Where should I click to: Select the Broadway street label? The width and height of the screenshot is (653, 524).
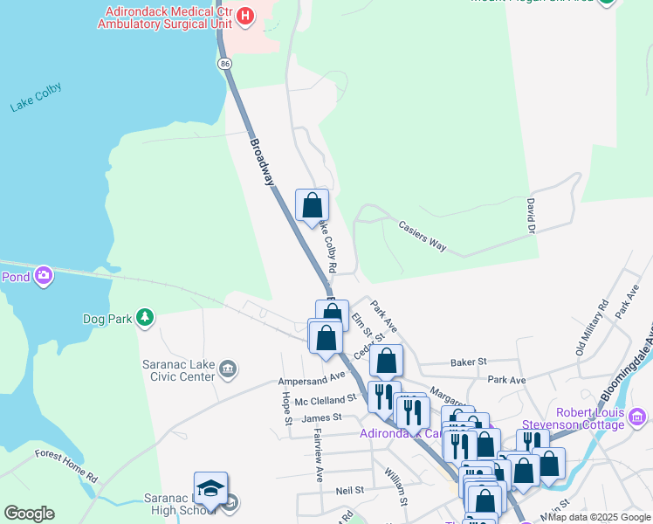(263, 161)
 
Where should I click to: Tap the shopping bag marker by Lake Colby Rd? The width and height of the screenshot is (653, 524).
(312, 205)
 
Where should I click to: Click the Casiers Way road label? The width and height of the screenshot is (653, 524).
(423, 236)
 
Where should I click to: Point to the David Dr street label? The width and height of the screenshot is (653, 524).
(530, 216)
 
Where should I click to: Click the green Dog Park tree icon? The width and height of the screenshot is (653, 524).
(146, 319)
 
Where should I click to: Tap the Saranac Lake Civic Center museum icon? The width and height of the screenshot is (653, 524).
(228, 369)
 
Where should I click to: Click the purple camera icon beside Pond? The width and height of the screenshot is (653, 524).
(44, 277)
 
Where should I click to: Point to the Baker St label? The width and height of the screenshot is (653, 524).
(468, 361)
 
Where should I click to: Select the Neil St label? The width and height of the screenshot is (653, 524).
(349, 492)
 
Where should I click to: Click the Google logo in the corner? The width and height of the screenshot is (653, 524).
(28, 514)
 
